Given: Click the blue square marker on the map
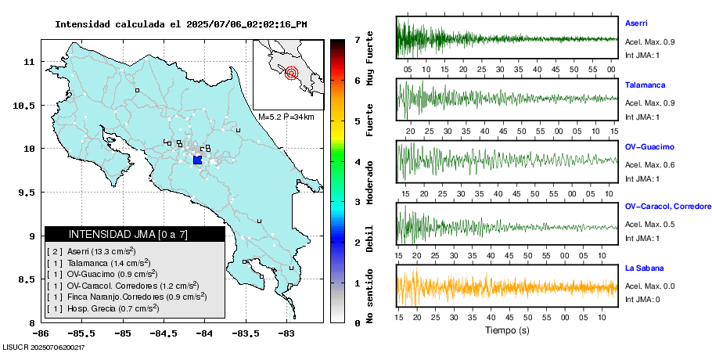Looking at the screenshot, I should pos(197,160).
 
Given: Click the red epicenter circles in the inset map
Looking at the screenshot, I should pos(292,74).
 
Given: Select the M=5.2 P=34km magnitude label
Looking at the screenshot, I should pos(286,117).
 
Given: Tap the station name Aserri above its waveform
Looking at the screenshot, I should pos(636,23).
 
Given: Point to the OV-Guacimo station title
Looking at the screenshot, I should pos(649,146).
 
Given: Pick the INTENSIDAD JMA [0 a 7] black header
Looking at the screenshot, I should pos(135,234).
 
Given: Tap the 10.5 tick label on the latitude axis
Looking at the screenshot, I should pos(28,105).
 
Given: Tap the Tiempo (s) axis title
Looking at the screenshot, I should pos(507,330).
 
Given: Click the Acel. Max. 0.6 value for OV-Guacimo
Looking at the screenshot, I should pos(650,164).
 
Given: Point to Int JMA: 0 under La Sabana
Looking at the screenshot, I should pos(642,299).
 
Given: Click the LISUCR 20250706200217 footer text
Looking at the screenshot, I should pos(43,347).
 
